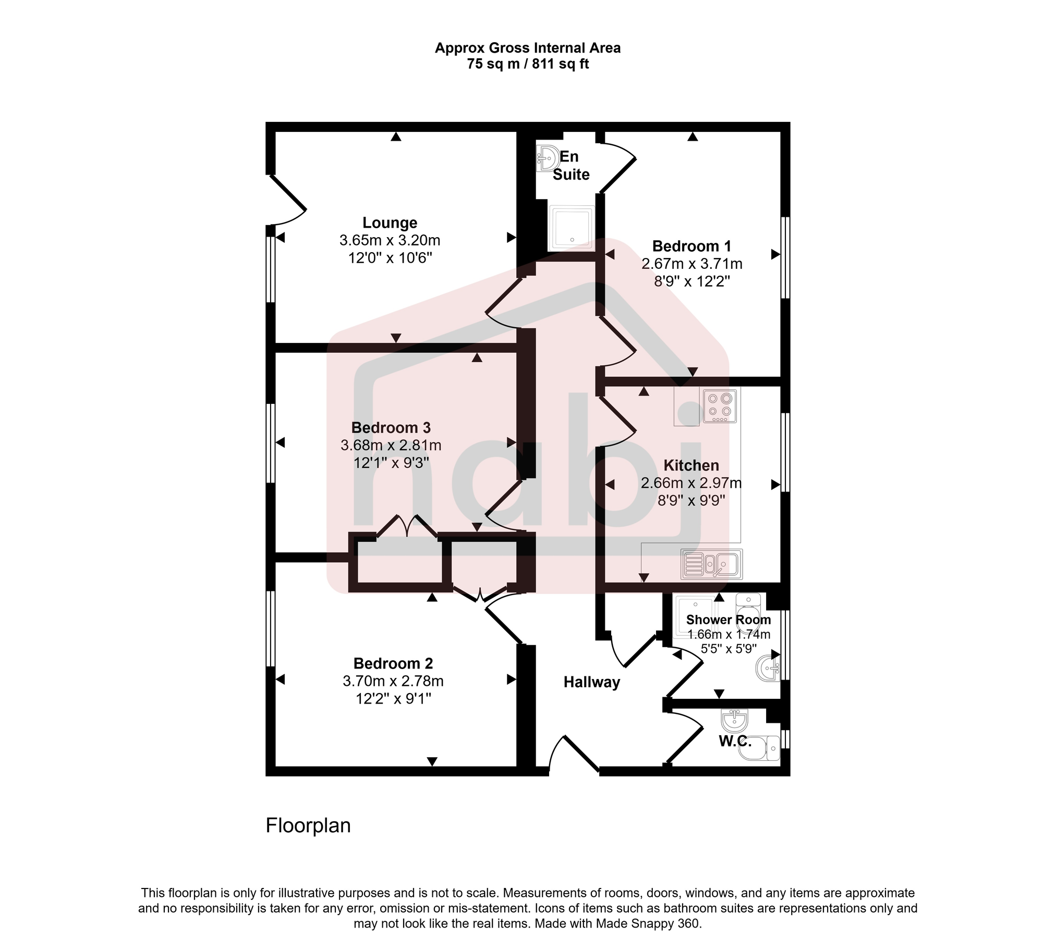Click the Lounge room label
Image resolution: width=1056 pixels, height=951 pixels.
(x=390, y=223)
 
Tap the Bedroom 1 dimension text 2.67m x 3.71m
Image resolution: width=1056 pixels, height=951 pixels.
(x=691, y=264)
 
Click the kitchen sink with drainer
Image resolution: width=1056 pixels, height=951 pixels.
(x=711, y=564)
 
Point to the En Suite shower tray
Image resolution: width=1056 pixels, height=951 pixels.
(x=572, y=229)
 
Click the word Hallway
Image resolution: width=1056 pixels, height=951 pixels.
(x=591, y=683)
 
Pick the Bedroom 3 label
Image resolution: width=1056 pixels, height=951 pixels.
(x=391, y=428)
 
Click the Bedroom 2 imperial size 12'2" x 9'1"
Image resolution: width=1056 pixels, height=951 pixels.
(x=393, y=699)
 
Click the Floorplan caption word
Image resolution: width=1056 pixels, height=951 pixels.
(x=308, y=825)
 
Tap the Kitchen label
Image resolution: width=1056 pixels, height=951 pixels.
(x=691, y=465)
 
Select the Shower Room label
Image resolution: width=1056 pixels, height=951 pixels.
(x=728, y=620)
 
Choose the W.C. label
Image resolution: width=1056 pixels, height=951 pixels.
(x=734, y=741)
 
